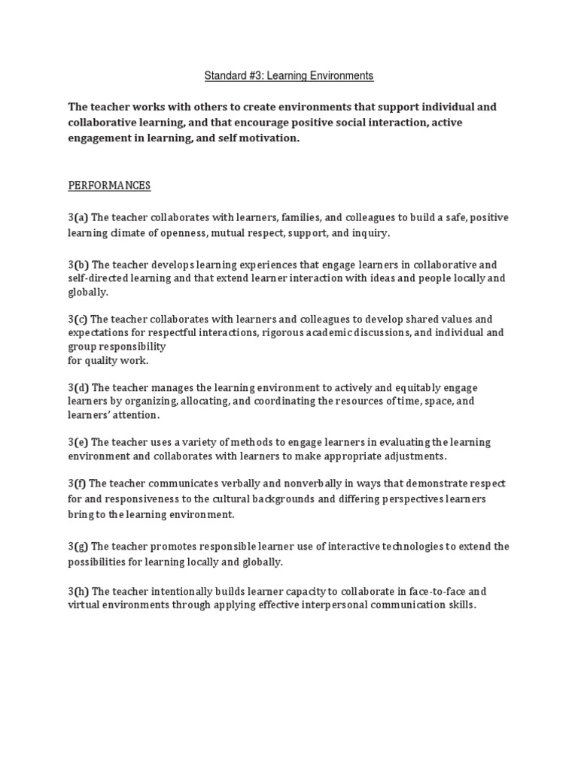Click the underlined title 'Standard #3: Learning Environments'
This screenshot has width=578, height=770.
pyautogui.click(x=290, y=76)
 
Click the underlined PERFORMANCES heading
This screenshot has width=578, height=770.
pyautogui.click(x=109, y=185)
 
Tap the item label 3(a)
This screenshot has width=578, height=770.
pyautogui.click(x=78, y=217)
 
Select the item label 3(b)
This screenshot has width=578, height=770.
pyautogui.click(x=78, y=265)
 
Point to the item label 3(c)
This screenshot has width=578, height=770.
pyautogui.click(x=78, y=319)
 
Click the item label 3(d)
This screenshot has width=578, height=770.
pyautogui.click(x=78, y=387)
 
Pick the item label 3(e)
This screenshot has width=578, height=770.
pyautogui.click(x=78, y=442)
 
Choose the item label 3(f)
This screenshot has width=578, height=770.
pyautogui.click(x=78, y=483)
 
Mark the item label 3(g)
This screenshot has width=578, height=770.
pyautogui.click(x=78, y=546)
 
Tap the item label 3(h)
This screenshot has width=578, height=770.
pyautogui.click(x=78, y=592)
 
